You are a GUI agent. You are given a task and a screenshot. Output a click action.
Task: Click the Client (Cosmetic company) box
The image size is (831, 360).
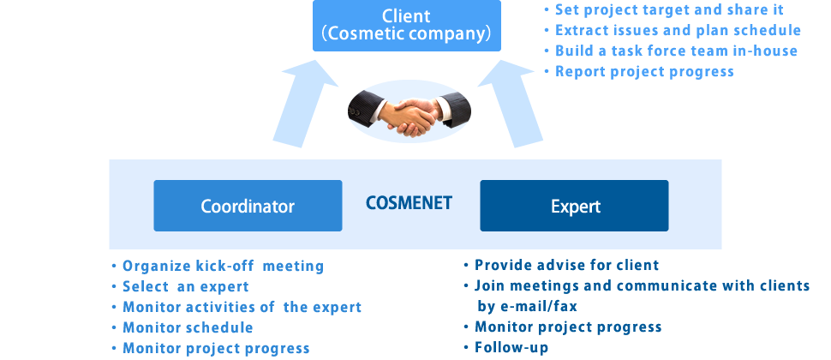[x=406, y=26]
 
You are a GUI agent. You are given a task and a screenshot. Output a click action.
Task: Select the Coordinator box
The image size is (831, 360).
[x=248, y=206]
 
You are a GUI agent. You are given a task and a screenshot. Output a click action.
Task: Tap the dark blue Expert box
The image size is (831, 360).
[x=574, y=206]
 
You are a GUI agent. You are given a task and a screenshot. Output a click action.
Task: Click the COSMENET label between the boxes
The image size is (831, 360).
[x=409, y=203]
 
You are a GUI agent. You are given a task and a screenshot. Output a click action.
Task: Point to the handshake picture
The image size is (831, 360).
[x=409, y=112]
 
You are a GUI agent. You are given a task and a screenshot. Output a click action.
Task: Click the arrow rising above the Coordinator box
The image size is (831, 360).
[x=304, y=104]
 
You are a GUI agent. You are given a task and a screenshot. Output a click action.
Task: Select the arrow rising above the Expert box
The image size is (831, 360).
[x=510, y=104]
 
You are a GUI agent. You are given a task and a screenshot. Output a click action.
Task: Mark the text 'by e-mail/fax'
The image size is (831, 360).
[x=528, y=307]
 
